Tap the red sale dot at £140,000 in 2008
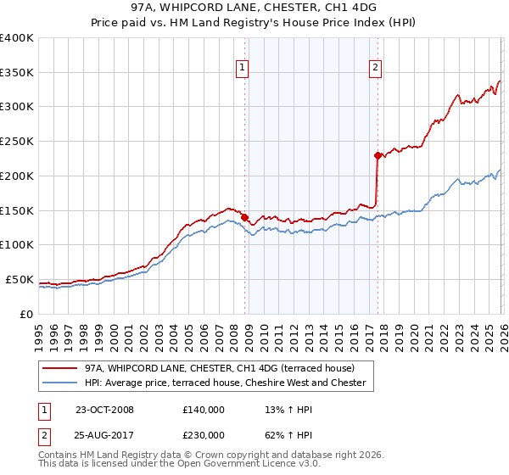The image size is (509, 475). pos(245,217)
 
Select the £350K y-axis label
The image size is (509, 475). pos(17,73)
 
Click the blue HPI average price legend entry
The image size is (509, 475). pos(225,383)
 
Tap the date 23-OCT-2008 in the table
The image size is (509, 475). pos(104,410)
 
